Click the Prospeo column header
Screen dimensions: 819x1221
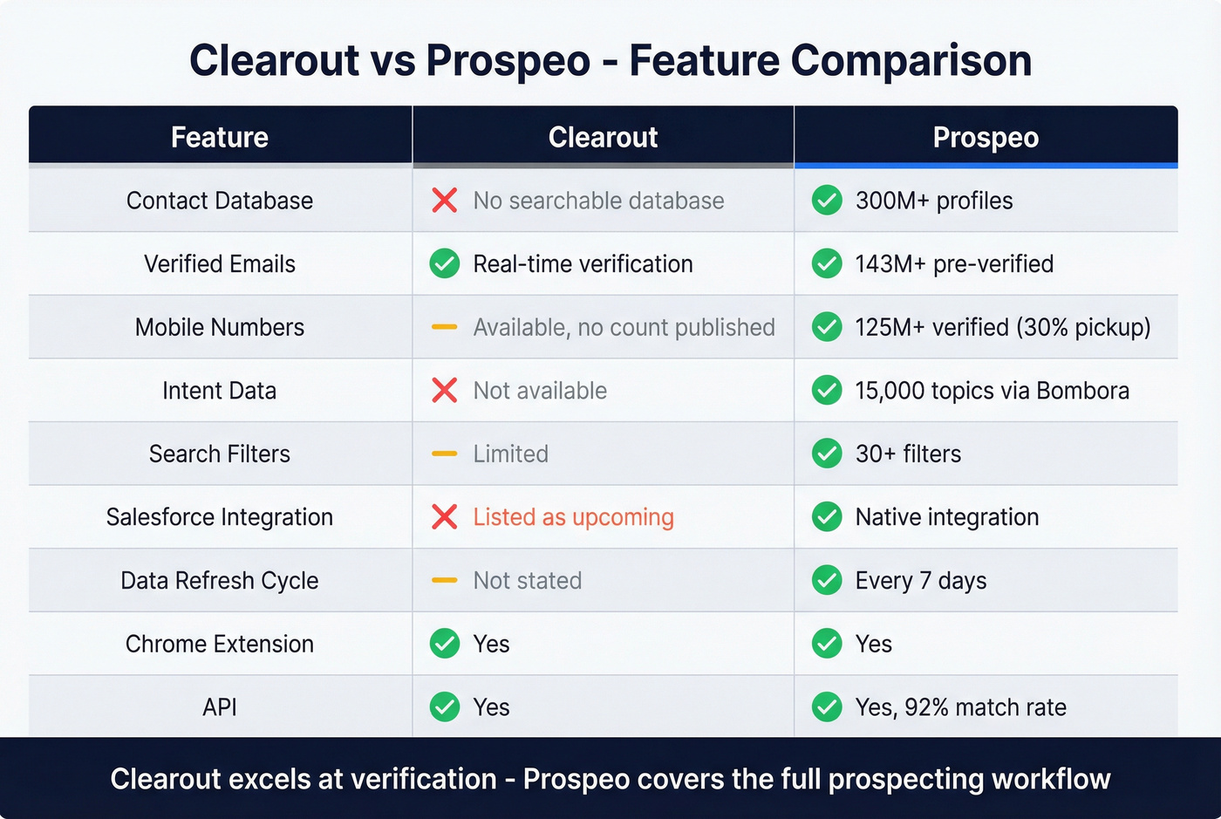pos(986,137)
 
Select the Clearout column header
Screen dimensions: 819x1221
pos(603,137)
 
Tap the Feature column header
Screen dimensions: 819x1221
pos(220,137)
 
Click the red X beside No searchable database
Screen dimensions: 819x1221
pos(445,201)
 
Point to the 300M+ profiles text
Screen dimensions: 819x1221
pos(934,201)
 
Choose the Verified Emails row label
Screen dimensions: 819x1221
pos(220,263)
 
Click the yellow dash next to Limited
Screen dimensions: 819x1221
pos(445,454)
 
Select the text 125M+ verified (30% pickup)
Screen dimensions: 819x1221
pos(1003,327)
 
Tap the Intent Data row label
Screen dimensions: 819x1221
pos(220,391)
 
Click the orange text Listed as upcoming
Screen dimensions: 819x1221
pos(573,517)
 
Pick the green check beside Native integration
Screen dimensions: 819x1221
pos(827,517)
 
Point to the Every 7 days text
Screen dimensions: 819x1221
pos(921,581)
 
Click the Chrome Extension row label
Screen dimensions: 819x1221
pos(220,644)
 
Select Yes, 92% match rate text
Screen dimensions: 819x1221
pos(960,707)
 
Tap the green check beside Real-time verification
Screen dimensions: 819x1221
pos(445,263)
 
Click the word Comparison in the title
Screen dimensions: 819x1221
pos(911,61)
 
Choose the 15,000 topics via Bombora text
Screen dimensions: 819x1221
pos(992,391)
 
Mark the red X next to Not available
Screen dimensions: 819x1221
pos(445,391)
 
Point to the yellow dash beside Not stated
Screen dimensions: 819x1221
pos(445,581)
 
